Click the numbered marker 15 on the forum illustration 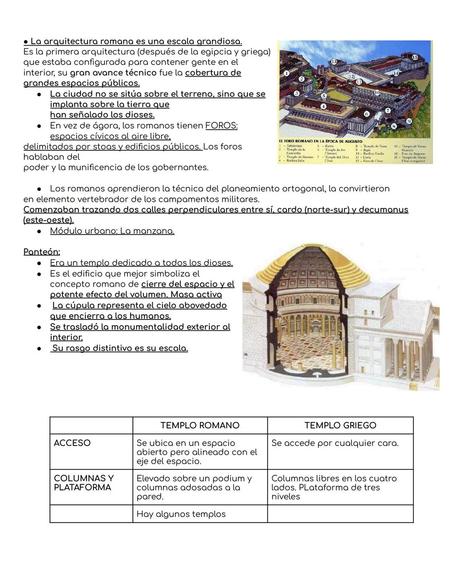pos(415,57)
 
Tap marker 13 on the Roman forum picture pos(334,62)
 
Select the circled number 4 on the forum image pos(323,107)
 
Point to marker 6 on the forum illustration pos(367,113)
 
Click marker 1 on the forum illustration pos(286,73)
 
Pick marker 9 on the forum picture pos(409,121)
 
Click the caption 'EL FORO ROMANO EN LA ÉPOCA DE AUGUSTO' pos(321,142)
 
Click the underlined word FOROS pos(221,126)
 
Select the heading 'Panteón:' pos(42,252)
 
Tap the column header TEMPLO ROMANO pos(200,425)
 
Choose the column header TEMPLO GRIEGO pos(340,425)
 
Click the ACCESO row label pos(72,443)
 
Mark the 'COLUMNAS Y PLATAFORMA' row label pos(84,483)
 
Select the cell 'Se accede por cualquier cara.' pos(335,443)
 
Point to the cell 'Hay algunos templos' pos(181,514)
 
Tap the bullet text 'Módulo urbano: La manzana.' pos(112,231)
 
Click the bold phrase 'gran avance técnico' pos(113,73)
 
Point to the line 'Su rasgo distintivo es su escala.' pos(120,348)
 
